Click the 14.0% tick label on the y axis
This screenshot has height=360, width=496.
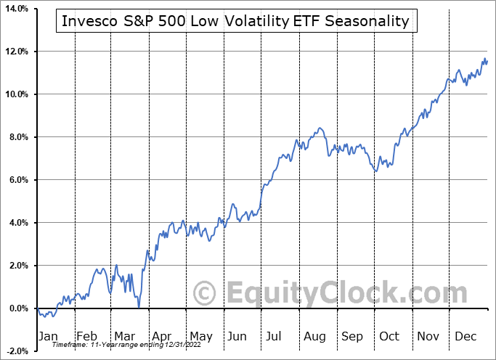coord(15,9)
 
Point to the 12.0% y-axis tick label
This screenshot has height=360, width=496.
coord(15,52)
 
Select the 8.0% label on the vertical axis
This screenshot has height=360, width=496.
coord(16,137)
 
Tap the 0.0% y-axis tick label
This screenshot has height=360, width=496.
coord(16,308)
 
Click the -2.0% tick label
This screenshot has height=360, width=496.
coord(15,351)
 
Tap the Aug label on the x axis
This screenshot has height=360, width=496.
coord(314,336)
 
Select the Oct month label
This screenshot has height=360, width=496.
coord(389,336)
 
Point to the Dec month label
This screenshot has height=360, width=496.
coord(465,336)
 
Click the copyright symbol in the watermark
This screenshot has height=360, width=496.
coord(206,294)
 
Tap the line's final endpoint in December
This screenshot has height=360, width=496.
coord(487,61)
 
